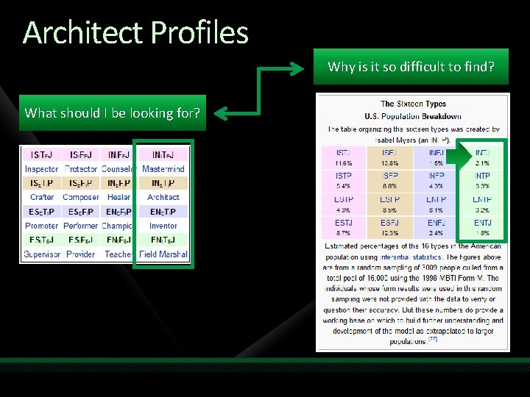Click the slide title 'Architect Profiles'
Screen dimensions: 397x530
pyautogui.click(x=135, y=32)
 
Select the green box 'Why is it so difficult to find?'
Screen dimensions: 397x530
pyautogui.click(x=411, y=67)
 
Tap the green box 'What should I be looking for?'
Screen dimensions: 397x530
pyautogui.click(x=113, y=112)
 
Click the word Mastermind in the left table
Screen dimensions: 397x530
pyautogui.click(x=163, y=169)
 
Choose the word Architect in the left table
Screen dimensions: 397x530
pyautogui.click(x=163, y=197)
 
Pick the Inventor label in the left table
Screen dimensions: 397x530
pyautogui.click(x=163, y=226)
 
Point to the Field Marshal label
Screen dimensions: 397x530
pyautogui.click(x=163, y=254)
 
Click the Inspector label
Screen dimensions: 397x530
pyautogui.click(x=42, y=169)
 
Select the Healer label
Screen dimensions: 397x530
pyautogui.click(x=119, y=197)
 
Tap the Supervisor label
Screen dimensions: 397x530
pyautogui.click(x=42, y=254)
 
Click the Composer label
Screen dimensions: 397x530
pyautogui.click(x=81, y=197)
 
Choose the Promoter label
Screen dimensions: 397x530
pyautogui.click(x=42, y=226)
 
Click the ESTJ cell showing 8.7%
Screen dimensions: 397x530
pyautogui.click(x=344, y=227)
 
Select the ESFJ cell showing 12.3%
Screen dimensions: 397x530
pyautogui.click(x=390, y=227)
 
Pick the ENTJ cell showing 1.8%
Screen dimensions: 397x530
pyautogui.click(x=482, y=227)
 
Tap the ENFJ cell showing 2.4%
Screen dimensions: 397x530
pyautogui.click(x=436, y=227)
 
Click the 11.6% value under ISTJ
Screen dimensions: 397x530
pyautogui.click(x=344, y=162)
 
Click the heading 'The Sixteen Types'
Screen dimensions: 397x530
pyautogui.click(x=413, y=104)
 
